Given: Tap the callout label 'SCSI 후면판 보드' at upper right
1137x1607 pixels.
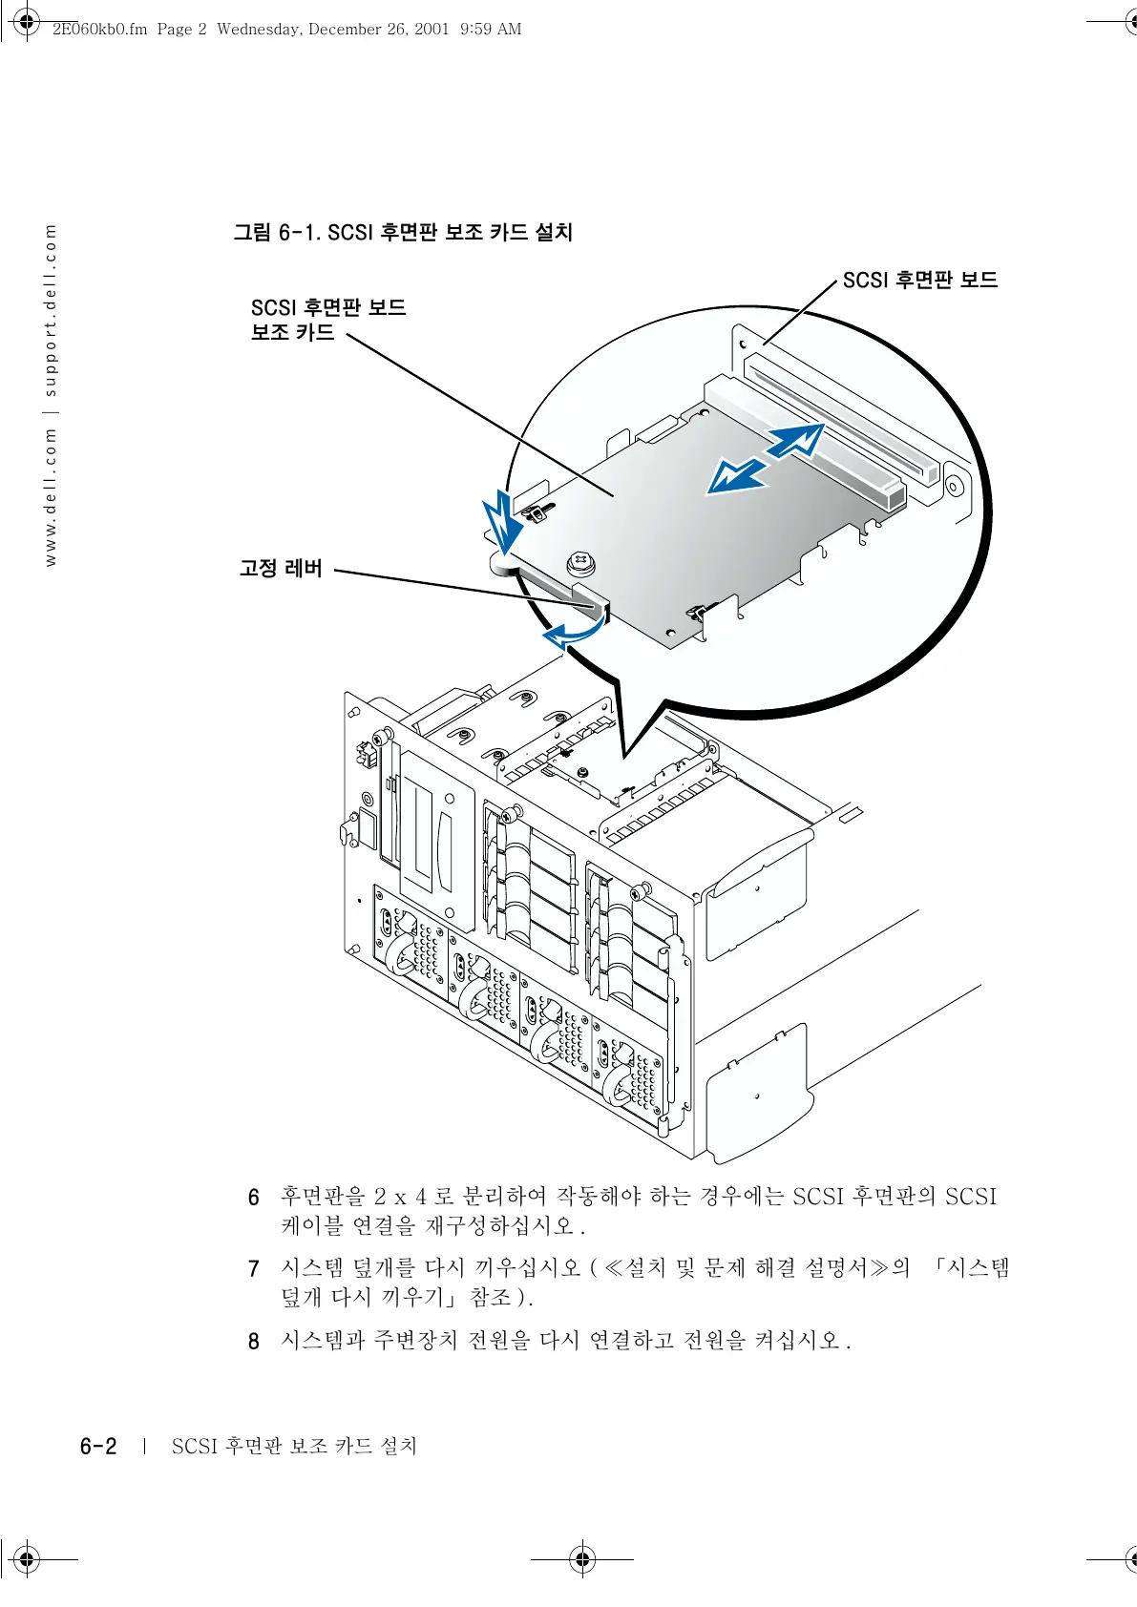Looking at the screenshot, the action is coord(919,280).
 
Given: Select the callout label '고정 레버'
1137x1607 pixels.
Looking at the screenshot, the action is coord(281,569).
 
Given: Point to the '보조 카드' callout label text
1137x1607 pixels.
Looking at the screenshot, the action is coord(293,332).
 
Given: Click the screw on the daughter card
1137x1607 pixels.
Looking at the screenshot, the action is coord(580,563).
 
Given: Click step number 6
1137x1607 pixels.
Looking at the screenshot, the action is coord(254,1198).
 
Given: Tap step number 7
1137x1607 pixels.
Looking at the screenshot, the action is coord(254,1269).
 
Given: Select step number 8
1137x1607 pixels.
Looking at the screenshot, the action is coord(254,1342).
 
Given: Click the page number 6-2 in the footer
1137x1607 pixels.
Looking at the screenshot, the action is coord(98,1447).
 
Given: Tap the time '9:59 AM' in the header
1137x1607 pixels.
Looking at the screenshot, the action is coord(491,29).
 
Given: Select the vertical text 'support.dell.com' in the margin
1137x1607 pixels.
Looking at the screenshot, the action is coord(51,310).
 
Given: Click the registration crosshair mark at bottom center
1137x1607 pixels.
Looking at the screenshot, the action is coord(582,1559).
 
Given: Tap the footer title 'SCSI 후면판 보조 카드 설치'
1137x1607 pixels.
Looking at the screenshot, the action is coord(294,1447).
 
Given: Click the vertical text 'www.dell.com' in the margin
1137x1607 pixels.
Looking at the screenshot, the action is coord(51,496).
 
